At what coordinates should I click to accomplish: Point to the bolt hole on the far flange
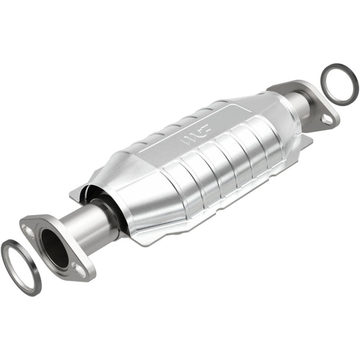point(326,119)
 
